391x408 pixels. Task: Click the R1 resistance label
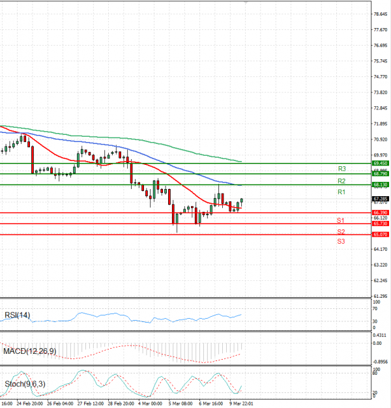tap(341, 193)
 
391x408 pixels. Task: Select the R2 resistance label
tap(341, 181)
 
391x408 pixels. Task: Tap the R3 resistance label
tap(341, 169)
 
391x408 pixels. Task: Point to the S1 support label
tap(341, 221)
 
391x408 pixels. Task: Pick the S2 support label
tap(341, 232)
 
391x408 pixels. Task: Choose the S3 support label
tap(341, 242)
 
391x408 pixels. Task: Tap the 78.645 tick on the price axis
tap(381, 14)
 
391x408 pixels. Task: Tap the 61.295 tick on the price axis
tap(381, 296)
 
